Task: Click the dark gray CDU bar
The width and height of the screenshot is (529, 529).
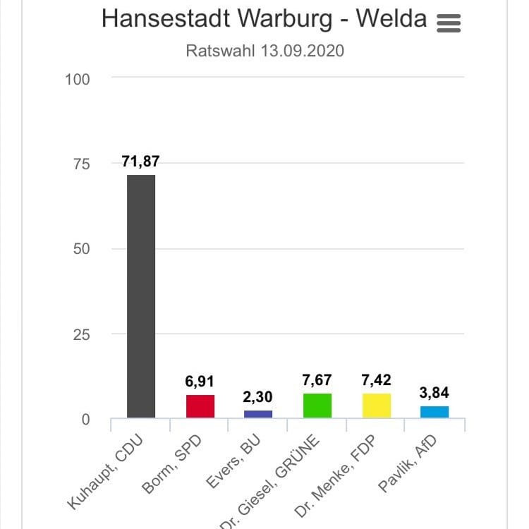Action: [140, 296]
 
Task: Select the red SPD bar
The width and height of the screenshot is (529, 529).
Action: [200, 406]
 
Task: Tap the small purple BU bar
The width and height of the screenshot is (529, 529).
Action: [258, 414]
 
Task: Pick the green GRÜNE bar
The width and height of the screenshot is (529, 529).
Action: [317, 406]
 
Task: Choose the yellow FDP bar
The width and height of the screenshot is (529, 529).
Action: [376, 406]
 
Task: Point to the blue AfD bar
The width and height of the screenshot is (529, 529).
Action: [434, 412]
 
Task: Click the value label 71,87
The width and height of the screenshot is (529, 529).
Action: [140, 162]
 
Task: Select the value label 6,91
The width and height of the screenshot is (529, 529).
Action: [200, 382]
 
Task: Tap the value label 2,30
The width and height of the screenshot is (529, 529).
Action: [258, 397]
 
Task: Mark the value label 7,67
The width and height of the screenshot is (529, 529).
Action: [317, 380]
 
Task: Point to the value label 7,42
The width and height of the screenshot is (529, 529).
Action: [376, 381]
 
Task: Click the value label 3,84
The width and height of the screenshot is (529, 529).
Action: [434, 393]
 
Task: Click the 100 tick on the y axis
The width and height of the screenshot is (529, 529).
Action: [78, 79]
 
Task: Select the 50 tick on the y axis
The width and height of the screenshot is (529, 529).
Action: [82, 249]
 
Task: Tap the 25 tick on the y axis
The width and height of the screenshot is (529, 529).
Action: [82, 334]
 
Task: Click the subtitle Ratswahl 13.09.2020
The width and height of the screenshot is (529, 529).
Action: [264, 51]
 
